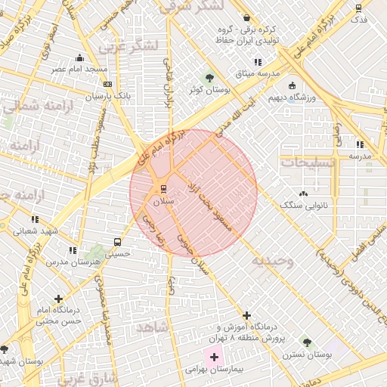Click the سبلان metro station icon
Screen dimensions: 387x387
click(161, 189)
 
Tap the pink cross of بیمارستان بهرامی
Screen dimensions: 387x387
click(215, 356)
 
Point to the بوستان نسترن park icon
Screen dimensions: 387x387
click(305, 342)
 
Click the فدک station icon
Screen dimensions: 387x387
click(359, 8)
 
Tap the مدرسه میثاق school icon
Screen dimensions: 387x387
click(258, 62)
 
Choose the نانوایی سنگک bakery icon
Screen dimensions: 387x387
click(304, 193)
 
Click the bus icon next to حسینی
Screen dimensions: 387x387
click(117, 243)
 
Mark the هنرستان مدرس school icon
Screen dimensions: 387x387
click(73, 249)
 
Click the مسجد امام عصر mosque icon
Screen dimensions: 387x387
click(80, 57)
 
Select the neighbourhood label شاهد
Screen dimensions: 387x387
click(152, 327)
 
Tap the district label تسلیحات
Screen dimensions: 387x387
click(305, 162)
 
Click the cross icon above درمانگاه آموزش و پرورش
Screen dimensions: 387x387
click(246, 315)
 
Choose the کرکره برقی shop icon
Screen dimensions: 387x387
click(246, 18)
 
